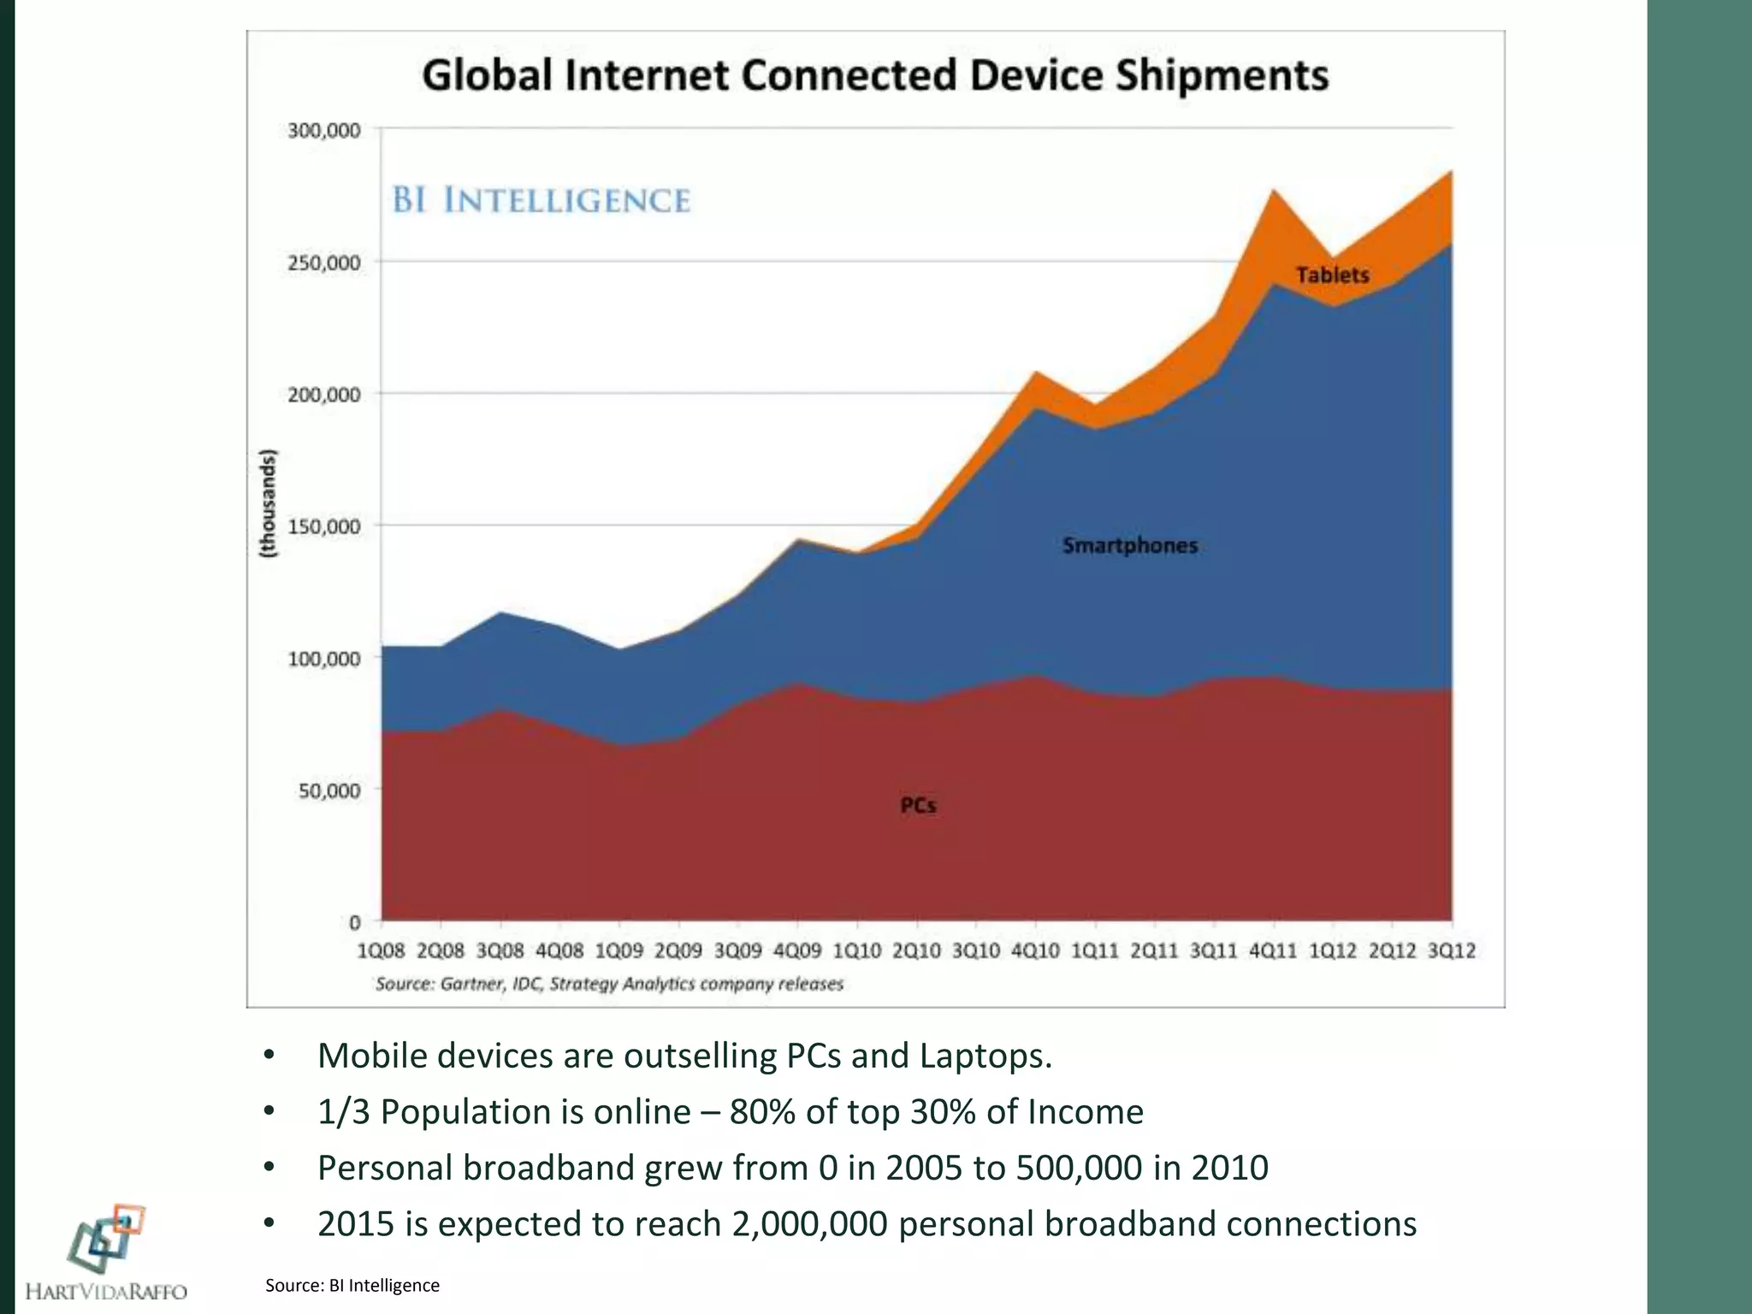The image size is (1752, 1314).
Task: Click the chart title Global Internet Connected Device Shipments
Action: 875,75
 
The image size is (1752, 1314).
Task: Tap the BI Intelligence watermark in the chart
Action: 541,200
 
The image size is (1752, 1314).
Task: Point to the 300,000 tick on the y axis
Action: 323,131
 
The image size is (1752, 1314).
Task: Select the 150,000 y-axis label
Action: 323,527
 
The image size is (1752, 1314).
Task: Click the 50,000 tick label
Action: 328,791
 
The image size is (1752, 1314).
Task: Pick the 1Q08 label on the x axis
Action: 382,950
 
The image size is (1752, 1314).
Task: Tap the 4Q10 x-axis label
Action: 1035,950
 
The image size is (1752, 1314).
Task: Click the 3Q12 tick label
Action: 1452,950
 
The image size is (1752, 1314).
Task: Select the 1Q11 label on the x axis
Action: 1095,950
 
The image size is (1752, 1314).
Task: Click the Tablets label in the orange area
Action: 1332,275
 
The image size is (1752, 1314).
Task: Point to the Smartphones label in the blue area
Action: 1129,546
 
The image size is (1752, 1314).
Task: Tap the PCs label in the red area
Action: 918,806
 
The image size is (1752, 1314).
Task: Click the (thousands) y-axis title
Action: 269,504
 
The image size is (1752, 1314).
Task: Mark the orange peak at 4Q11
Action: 1274,192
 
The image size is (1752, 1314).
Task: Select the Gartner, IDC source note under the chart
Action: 609,984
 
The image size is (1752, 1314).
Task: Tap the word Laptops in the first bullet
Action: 984,1057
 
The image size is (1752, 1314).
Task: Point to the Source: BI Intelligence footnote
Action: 352,1285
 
